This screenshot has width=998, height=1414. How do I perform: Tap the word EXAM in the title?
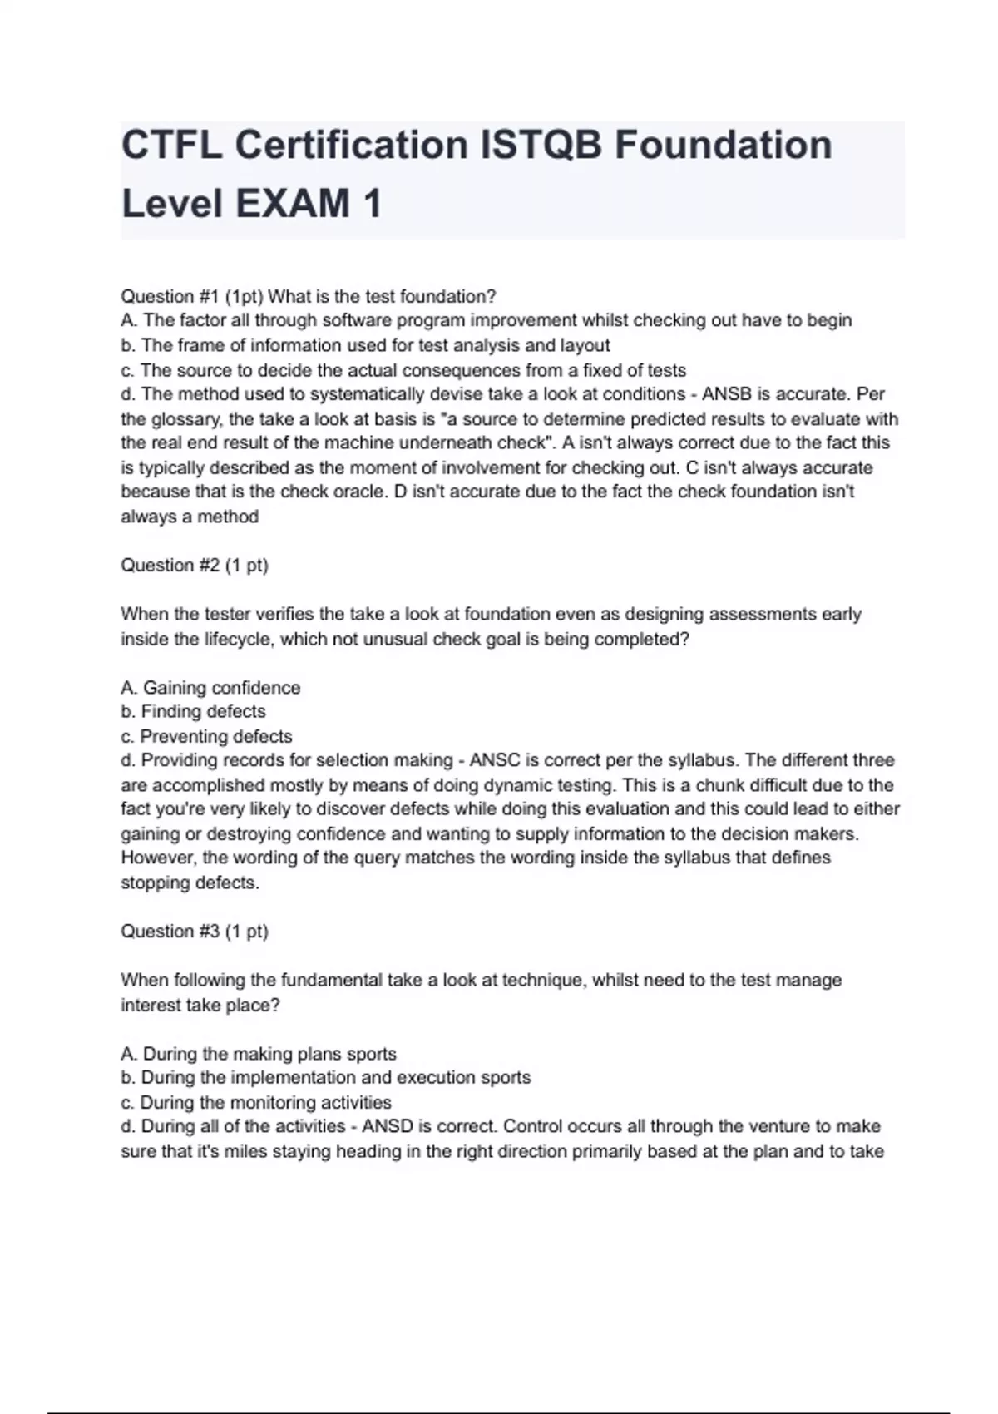pos(294,204)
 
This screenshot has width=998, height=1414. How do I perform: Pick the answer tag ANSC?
pos(496,760)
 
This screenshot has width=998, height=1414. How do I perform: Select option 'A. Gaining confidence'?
pos(210,688)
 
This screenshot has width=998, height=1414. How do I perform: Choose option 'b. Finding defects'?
pos(193,712)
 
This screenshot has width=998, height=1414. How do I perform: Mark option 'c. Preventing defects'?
pos(206,737)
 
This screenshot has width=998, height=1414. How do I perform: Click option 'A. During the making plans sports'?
pos(259,1054)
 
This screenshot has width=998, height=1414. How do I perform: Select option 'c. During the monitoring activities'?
pos(256,1103)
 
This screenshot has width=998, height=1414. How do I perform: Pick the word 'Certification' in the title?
pos(352,146)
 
